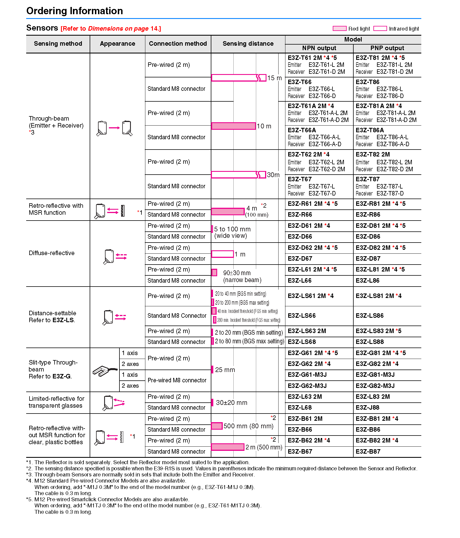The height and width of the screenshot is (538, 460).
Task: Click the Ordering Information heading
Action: (x=75, y=11)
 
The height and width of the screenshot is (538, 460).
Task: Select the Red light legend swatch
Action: (x=339, y=28)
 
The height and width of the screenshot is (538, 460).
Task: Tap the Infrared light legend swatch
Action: (x=380, y=28)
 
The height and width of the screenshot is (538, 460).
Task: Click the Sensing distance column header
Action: (x=248, y=44)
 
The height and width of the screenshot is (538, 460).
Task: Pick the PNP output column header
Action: (x=387, y=48)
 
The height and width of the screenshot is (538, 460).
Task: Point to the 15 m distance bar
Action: (x=238, y=78)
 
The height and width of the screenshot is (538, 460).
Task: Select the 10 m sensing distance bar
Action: (x=233, y=126)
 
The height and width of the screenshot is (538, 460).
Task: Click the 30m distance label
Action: (x=273, y=175)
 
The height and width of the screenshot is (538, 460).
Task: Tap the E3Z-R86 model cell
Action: (x=368, y=215)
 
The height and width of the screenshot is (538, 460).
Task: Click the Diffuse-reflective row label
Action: (x=52, y=253)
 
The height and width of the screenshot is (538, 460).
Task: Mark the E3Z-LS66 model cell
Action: (x=302, y=316)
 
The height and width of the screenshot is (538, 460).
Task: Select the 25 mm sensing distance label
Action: (x=225, y=370)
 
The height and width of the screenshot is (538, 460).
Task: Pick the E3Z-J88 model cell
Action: (x=368, y=408)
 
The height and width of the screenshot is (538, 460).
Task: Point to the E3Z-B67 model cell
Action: (x=300, y=452)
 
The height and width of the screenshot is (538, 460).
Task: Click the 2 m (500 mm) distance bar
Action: (x=228, y=447)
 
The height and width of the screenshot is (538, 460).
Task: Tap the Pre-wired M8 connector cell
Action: (x=177, y=380)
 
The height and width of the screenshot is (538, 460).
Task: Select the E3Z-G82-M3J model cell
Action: (x=375, y=386)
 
